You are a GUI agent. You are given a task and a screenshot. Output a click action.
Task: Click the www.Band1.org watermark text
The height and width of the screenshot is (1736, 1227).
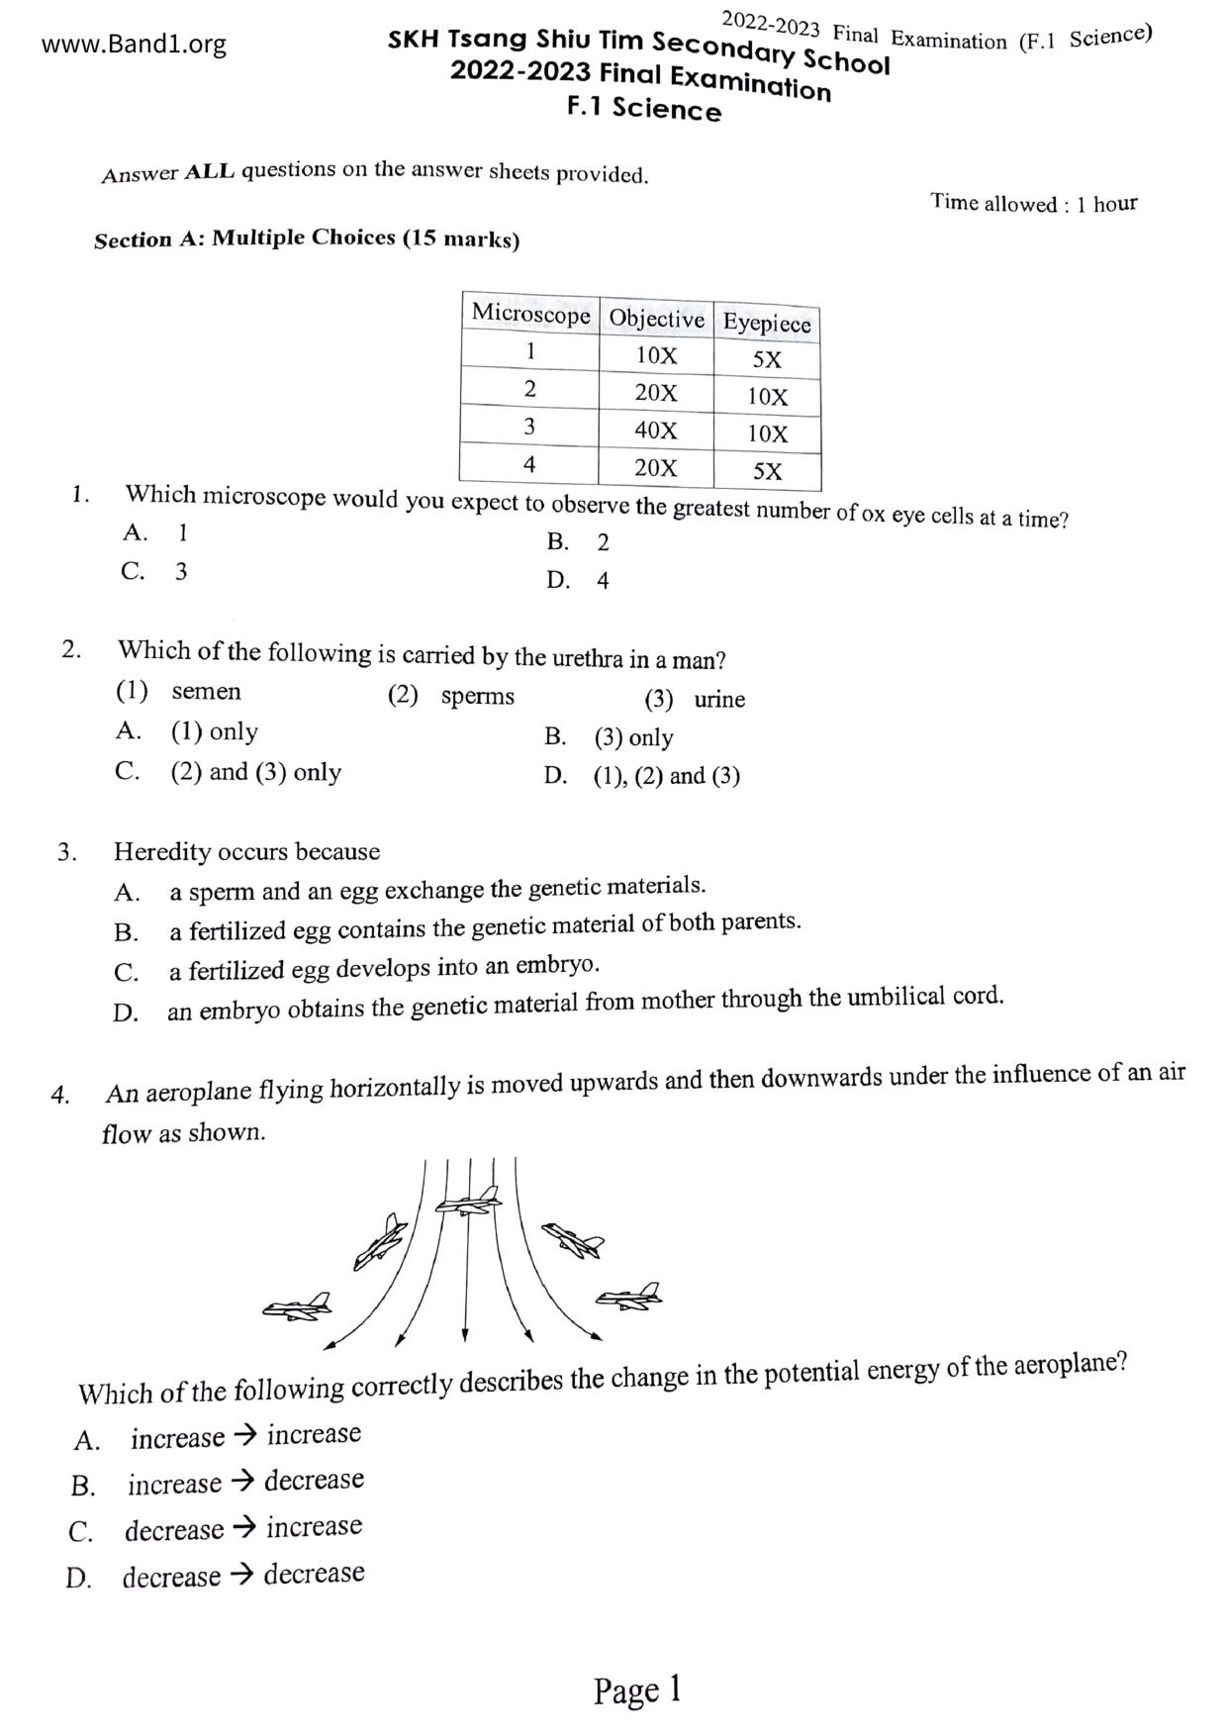pos(134,45)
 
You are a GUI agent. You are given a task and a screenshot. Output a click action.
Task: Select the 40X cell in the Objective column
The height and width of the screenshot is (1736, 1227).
pos(656,431)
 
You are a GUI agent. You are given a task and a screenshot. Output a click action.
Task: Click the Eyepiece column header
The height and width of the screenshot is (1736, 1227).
pos(767,323)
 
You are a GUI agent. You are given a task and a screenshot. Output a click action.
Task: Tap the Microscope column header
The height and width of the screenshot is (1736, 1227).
pos(530,314)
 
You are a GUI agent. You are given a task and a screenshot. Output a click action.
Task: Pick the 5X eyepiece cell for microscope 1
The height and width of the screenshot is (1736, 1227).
pos(767,360)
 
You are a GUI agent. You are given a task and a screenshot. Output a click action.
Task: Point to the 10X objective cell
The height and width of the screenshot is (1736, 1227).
pos(656,355)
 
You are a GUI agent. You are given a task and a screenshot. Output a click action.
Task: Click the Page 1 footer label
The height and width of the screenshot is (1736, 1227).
pos(637,1690)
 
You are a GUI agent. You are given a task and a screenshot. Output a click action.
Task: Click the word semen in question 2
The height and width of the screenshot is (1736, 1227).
pos(206,691)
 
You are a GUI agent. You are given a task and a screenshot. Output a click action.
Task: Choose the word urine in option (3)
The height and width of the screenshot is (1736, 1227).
pos(719,700)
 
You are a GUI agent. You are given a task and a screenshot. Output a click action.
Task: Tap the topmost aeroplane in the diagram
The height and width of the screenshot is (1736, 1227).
pos(469,1202)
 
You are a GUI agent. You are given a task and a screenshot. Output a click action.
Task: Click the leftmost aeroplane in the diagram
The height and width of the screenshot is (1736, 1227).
pos(297,1306)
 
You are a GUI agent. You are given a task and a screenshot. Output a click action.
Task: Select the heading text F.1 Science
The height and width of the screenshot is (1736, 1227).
pos(644,109)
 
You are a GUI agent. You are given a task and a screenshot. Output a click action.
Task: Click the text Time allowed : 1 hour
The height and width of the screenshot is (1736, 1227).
pos(1033,204)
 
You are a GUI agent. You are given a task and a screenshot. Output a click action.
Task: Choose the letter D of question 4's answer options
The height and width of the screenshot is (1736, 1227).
pos(78,1579)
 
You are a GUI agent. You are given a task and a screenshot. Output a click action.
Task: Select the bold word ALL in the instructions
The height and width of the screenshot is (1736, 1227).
pos(210,171)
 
